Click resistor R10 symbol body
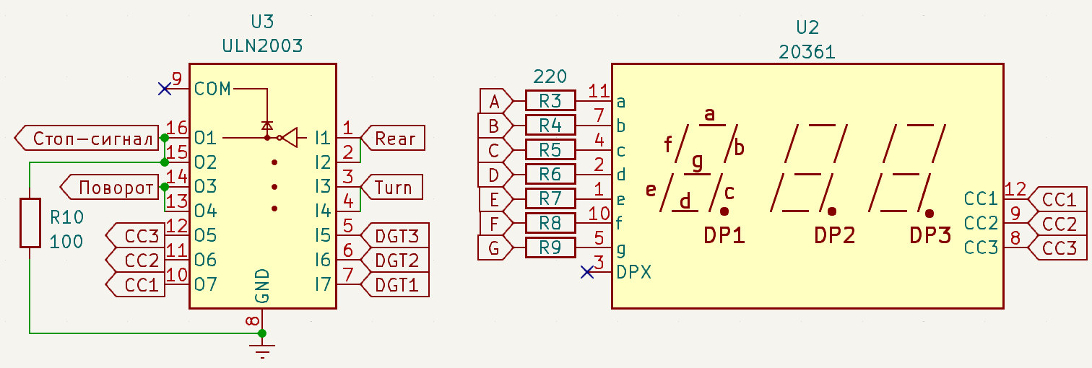point(30,223)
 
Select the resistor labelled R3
point(550,101)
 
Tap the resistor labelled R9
point(550,247)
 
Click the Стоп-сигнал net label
point(87,139)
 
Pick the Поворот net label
point(110,188)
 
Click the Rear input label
point(392,139)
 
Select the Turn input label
point(391,188)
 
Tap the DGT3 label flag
point(395,236)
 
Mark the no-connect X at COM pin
point(165,89)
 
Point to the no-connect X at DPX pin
point(587,273)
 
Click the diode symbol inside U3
point(266,126)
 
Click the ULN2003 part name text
point(262,45)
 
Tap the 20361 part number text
point(807,52)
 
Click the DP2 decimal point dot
point(832,211)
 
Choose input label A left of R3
point(495,101)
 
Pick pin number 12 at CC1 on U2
point(1015,189)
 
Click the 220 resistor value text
point(550,76)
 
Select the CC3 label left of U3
point(136,236)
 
